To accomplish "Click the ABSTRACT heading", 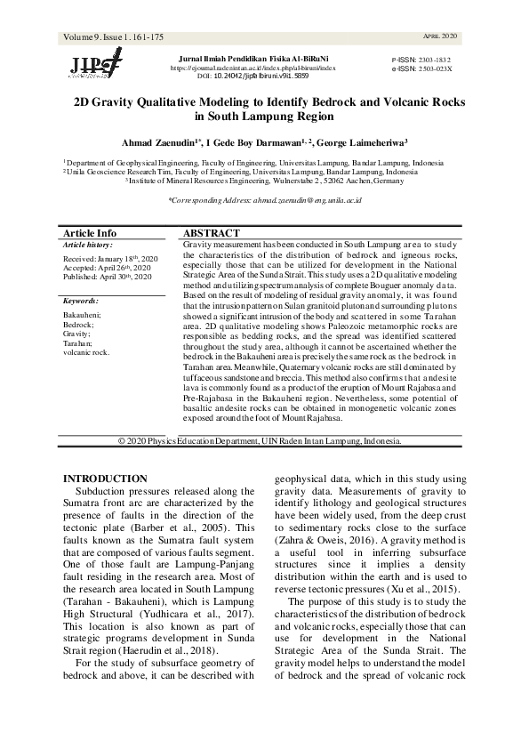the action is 210,232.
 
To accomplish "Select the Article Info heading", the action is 90,232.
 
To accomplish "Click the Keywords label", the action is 82,302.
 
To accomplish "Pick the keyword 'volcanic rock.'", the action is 86,352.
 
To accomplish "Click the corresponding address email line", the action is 264,203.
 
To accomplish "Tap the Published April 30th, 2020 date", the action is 108,278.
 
